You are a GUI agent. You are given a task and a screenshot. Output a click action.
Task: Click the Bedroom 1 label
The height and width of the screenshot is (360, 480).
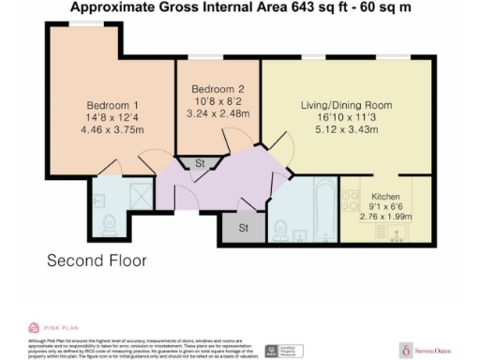click(x=112, y=105)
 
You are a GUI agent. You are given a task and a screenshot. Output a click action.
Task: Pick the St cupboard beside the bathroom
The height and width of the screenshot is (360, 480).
click(x=244, y=228)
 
